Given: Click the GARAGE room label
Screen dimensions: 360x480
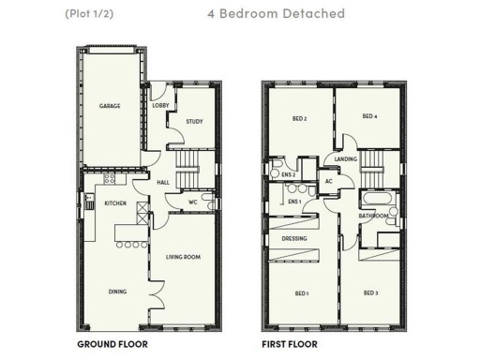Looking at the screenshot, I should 111,106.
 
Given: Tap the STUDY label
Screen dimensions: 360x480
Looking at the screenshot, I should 194,121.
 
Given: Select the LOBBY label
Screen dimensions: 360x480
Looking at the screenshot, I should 159,106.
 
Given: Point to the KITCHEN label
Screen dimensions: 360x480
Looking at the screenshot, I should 115,203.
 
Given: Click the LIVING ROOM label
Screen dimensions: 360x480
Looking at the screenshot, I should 184,256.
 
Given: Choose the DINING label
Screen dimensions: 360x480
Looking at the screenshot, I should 117,292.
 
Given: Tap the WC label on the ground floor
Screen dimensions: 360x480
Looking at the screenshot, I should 191,202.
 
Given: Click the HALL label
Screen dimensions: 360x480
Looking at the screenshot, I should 162,182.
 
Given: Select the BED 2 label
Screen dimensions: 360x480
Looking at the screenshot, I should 300,118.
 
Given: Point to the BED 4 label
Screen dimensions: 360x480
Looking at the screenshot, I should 369,116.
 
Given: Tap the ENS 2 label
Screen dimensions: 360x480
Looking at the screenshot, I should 288,174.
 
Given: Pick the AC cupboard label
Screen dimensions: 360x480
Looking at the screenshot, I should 329,181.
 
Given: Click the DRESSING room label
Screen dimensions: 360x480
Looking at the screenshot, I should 294,238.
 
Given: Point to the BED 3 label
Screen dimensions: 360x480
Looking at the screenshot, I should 370,293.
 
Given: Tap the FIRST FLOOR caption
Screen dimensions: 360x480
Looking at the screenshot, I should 289,344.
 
